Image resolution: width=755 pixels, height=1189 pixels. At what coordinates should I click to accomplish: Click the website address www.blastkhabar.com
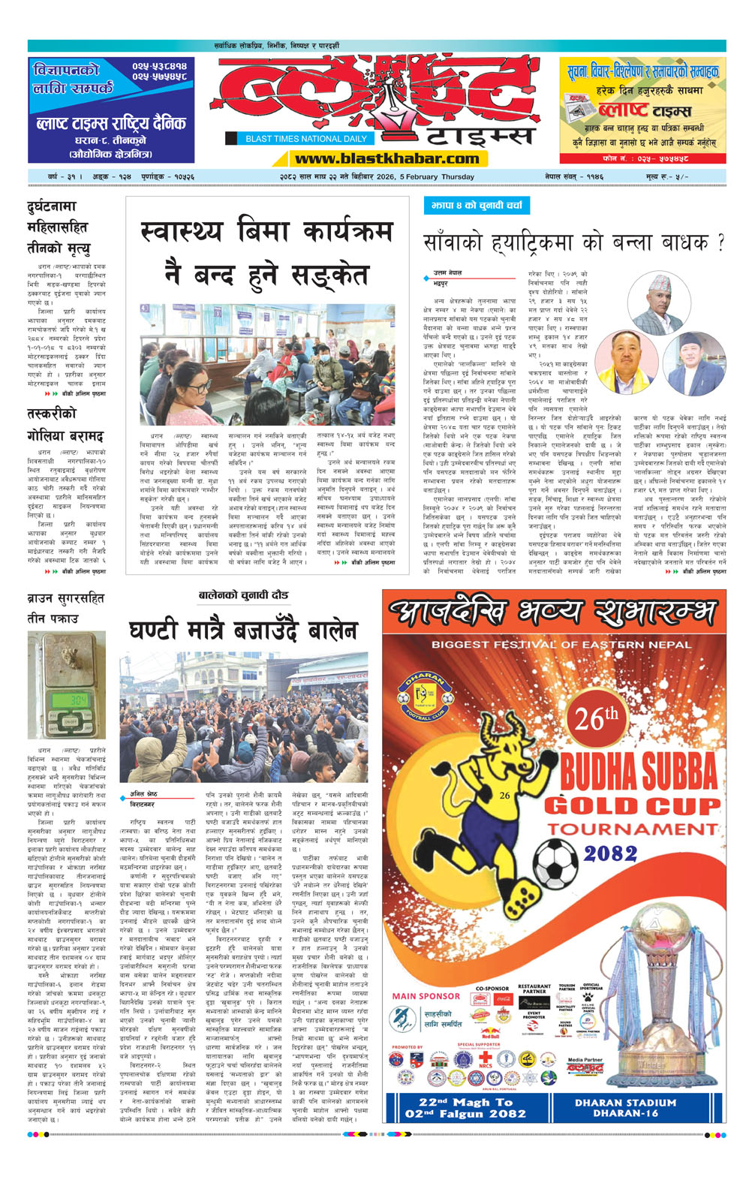(387, 158)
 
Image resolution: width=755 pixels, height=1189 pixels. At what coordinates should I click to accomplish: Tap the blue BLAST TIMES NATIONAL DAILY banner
(306, 139)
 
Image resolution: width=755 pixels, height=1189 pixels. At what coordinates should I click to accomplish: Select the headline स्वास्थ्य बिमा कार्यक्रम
(266, 231)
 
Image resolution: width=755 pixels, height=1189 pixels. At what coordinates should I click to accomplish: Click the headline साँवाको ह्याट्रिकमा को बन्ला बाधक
(574, 243)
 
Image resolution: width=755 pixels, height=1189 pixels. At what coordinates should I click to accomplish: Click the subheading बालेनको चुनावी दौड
(243, 595)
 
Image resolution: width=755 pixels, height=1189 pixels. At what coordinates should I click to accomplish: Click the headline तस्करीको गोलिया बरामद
(65, 425)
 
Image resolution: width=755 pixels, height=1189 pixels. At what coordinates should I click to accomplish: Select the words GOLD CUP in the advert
(631, 806)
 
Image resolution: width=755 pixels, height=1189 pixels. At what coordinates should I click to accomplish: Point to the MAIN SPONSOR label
(426, 996)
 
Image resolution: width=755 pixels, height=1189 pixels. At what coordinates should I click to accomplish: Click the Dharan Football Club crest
(417, 696)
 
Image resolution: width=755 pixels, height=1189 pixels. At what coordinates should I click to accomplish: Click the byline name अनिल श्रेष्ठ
(143, 794)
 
